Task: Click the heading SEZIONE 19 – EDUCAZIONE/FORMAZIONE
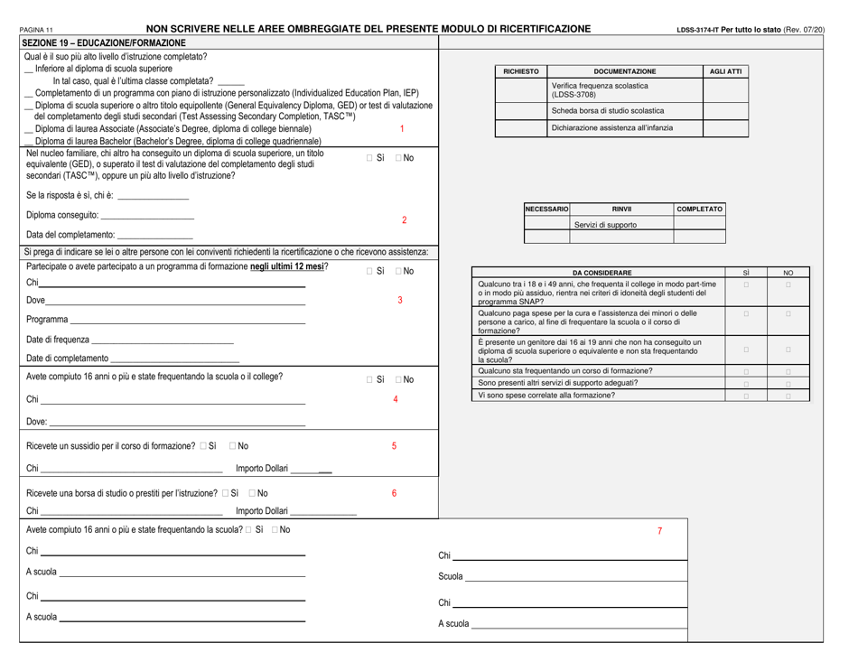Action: click(x=102, y=42)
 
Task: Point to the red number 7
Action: click(x=660, y=531)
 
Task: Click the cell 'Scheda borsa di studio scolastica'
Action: click(x=602, y=110)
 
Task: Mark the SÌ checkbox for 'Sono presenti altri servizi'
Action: click(x=746, y=384)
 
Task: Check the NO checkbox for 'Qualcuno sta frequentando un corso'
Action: click(x=788, y=372)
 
